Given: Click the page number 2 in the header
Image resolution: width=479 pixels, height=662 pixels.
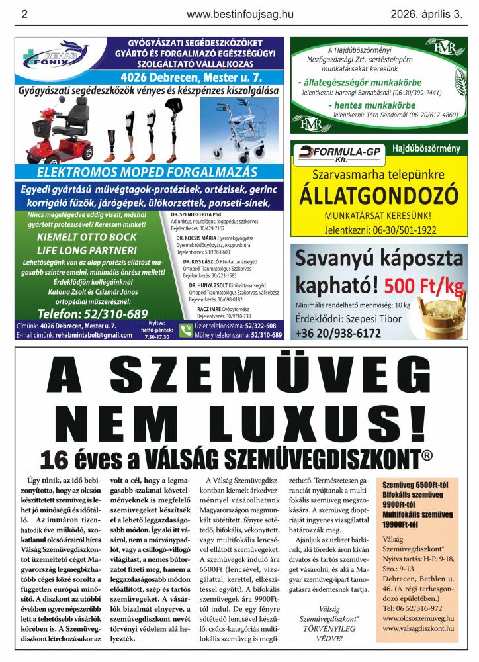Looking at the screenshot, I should (x=24, y=13).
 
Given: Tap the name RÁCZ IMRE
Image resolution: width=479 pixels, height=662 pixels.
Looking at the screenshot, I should (x=212, y=309).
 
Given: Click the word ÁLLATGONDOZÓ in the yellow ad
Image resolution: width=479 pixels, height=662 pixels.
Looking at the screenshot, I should (x=379, y=195).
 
